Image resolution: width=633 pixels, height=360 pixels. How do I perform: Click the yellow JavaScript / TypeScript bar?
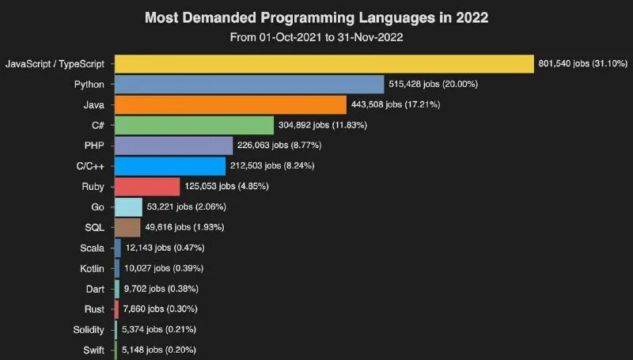(324, 64)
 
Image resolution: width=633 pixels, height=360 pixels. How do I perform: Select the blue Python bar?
(249, 85)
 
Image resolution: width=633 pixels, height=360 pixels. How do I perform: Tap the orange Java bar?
(230, 104)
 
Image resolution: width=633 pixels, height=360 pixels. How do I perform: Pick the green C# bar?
(194, 125)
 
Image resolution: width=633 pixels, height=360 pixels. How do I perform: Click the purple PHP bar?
(173, 146)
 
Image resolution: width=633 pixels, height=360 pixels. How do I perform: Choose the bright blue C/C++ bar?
(170, 166)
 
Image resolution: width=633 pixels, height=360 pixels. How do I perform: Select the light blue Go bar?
(128, 207)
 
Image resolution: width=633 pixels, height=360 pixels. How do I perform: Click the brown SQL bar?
(127, 228)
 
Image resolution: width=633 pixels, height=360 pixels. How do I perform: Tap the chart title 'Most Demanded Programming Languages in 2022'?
(316, 17)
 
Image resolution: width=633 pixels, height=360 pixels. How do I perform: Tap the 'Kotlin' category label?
(93, 269)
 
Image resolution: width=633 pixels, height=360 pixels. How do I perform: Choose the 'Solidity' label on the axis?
(89, 329)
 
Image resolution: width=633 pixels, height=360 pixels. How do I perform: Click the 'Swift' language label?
(94, 350)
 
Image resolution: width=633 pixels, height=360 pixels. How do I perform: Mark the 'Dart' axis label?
(96, 289)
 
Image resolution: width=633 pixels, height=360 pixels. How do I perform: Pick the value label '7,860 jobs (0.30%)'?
(160, 309)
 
